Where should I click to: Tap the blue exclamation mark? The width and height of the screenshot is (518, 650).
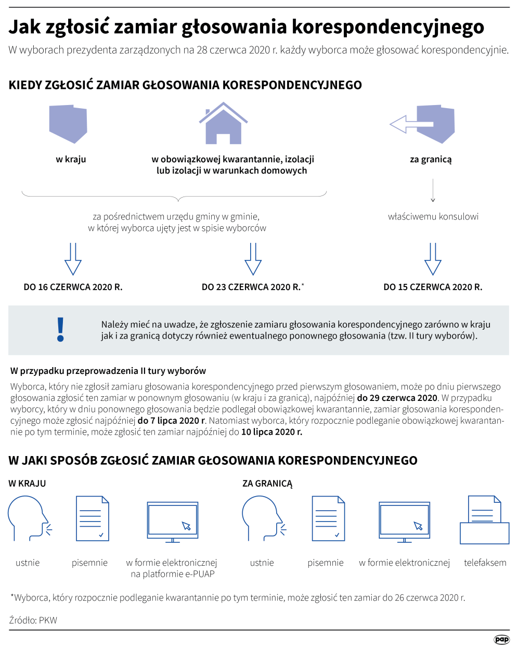(61, 329)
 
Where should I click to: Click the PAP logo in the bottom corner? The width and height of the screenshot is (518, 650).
(501, 640)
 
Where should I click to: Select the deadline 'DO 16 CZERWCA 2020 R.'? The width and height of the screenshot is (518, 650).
(73, 287)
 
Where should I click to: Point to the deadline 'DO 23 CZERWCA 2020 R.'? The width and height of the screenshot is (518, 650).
(251, 287)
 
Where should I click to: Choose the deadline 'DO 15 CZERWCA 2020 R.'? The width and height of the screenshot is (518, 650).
(433, 287)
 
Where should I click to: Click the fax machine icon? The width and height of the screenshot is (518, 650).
(484, 520)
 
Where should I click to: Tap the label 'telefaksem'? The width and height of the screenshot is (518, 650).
(485, 563)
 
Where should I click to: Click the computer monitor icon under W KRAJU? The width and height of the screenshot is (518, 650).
(173, 522)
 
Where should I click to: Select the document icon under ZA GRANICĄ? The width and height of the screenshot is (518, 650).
(328, 518)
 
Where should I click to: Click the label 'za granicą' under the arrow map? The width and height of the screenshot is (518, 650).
(431, 160)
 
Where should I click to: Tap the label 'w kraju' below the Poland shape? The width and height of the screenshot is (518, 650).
(71, 160)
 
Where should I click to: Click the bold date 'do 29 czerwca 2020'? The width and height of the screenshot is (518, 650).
(397, 398)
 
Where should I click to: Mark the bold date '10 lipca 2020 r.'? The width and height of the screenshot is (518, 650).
(271, 432)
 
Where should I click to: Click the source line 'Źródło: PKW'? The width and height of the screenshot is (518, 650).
(33, 620)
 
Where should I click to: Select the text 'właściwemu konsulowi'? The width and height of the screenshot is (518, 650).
(433, 217)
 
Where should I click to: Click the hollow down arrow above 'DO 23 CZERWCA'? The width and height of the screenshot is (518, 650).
(253, 258)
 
